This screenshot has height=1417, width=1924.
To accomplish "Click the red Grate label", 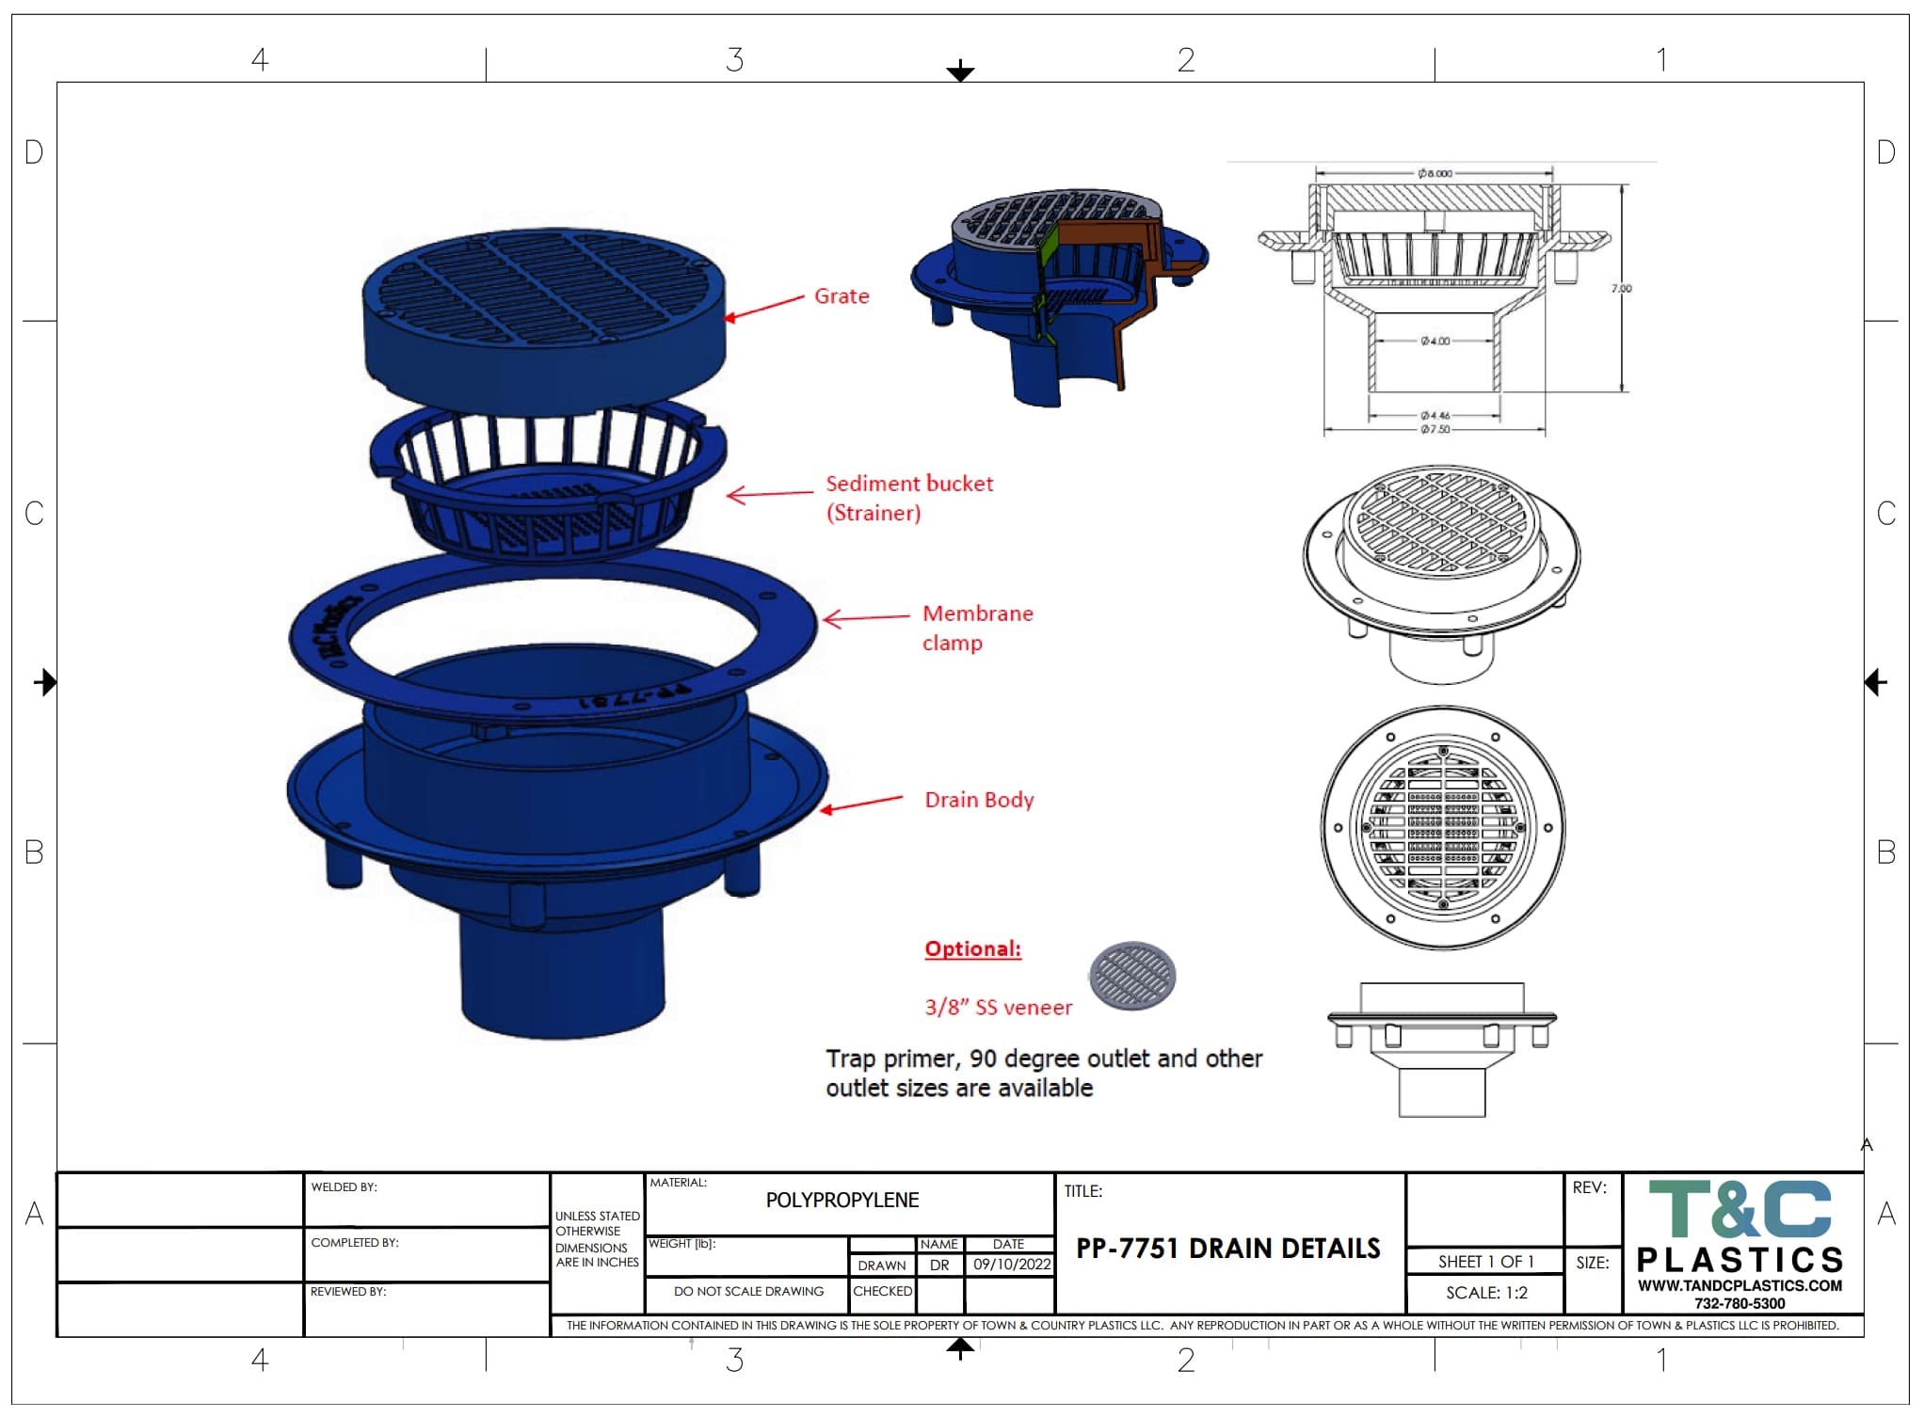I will [x=841, y=296].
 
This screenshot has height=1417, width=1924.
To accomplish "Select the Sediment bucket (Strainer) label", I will [x=908, y=498].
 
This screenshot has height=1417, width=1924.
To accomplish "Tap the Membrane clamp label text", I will [x=976, y=628].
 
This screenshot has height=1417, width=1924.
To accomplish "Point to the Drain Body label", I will [x=978, y=800].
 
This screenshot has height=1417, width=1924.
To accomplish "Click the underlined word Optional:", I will [x=972, y=948].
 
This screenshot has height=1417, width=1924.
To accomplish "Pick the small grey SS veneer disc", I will [x=1131, y=976].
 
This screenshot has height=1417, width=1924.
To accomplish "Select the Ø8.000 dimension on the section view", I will [x=1435, y=173].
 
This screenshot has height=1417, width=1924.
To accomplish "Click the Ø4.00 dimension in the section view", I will [x=1435, y=341].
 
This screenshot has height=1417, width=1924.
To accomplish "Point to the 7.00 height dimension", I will [x=1621, y=288].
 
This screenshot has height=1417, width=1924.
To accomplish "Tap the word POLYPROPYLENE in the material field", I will [x=842, y=1201].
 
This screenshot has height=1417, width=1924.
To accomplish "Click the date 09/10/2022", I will [x=1011, y=1265].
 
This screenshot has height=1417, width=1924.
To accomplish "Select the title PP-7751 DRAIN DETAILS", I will [x=1227, y=1249].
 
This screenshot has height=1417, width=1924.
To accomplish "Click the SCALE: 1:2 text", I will [x=1485, y=1293].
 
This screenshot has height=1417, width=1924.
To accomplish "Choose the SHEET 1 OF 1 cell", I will [x=1485, y=1262].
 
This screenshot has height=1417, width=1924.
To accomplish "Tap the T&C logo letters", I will [x=1740, y=1210].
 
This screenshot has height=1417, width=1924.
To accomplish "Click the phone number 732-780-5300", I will [x=1740, y=1304].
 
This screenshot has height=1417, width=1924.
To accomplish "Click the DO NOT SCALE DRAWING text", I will [x=748, y=1292].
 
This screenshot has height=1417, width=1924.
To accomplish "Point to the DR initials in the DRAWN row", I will [x=938, y=1266].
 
